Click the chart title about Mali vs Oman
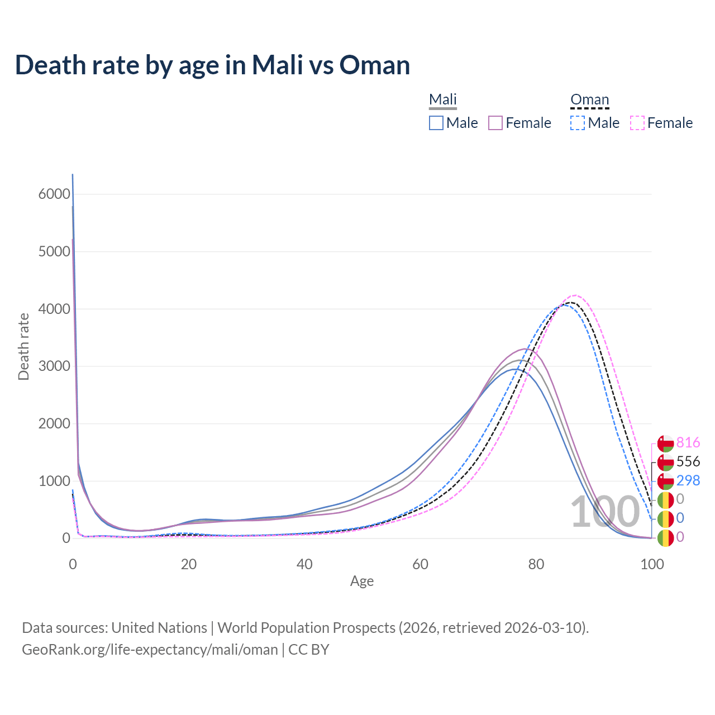pyautogui.click(x=212, y=65)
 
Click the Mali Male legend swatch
pyautogui.click(x=436, y=123)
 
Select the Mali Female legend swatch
pyautogui.click(x=495, y=123)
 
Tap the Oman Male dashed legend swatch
pyautogui.click(x=578, y=123)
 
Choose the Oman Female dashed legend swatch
pyautogui.click(x=637, y=123)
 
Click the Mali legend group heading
pyautogui.click(x=443, y=99)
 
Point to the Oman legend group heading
pyautogui.click(x=589, y=99)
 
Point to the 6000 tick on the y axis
pyautogui.click(x=54, y=194)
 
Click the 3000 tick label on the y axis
pyautogui.click(x=54, y=366)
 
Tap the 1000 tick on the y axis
pyautogui.click(x=54, y=481)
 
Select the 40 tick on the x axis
pyautogui.click(x=304, y=564)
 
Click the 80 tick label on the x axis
pyautogui.click(x=536, y=564)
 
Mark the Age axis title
pyautogui.click(x=362, y=581)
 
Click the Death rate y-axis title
pyautogui.click(x=23, y=347)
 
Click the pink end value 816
pyautogui.click(x=688, y=443)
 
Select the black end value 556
pyautogui.click(x=688, y=462)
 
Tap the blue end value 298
pyautogui.click(x=688, y=480)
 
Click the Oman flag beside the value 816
pyautogui.click(x=665, y=444)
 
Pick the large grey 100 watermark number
pyautogui.click(x=604, y=512)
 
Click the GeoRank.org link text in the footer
pyautogui.click(x=150, y=650)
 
